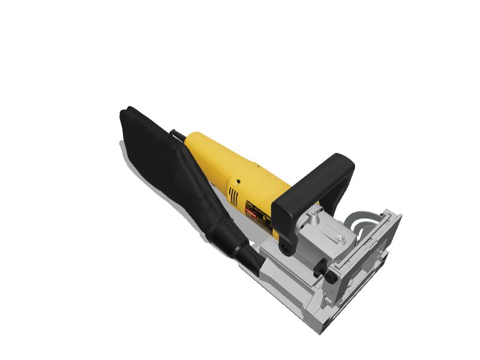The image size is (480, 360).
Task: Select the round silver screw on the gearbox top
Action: coord(340,239)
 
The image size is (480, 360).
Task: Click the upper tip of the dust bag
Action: coord(127,112)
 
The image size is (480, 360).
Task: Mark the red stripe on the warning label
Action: coord(251,211)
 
